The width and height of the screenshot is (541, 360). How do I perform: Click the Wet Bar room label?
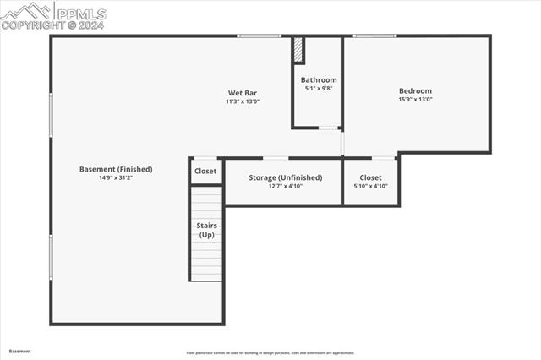click(x=242, y=93)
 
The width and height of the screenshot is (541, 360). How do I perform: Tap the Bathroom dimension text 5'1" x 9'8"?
click(x=319, y=88)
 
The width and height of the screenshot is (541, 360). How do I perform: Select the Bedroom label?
click(x=415, y=91)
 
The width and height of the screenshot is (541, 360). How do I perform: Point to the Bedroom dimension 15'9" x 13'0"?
click(x=415, y=100)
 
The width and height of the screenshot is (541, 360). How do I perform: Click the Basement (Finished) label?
click(x=115, y=169)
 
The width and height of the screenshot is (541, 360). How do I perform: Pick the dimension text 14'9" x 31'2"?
click(x=115, y=177)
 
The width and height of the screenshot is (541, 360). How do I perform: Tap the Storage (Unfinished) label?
click(x=285, y=177)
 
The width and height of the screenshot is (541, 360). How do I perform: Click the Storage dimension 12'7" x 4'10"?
click(x=285, y=186)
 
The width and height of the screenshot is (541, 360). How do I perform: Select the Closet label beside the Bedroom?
click(x=370, y=177)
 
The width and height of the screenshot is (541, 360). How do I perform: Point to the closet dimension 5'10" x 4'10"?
click(x=370, y=186)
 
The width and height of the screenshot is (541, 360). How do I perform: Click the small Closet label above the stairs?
click(x=205, y=171)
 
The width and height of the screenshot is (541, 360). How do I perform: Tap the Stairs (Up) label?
click(x=206, y=230)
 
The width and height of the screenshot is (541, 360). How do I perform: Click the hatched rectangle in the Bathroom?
click(x=298, y=50)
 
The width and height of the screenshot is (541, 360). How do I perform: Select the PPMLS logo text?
click(x=79, y=14)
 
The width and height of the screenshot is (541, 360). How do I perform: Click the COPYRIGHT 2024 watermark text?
click(x=52, y=25)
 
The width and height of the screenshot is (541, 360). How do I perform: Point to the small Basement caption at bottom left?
click(x=20, y=351)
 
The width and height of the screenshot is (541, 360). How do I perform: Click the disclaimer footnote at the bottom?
click(x=270, y=352)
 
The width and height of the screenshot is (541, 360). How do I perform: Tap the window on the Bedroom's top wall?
click(x=374, y=35)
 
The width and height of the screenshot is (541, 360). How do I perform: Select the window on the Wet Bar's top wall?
click(x=259, y=35)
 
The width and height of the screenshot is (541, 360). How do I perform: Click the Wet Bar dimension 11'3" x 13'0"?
click(x=242, y=101)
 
